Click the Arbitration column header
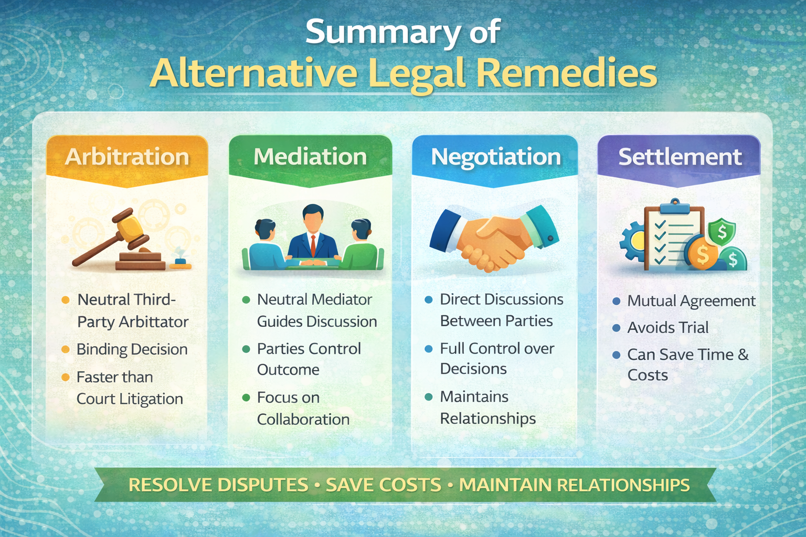[127, 157]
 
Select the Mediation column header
[310, 157]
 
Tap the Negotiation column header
[496, 157]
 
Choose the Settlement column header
[680, 157]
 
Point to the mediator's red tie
[313, 244]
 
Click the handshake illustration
[493, 239]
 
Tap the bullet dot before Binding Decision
[66, 349]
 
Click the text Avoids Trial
[668, 328]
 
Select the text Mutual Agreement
[691, 301]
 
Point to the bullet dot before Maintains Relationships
[429, 397]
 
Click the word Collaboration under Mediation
[303, 420]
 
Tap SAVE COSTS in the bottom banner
[384, 485]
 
